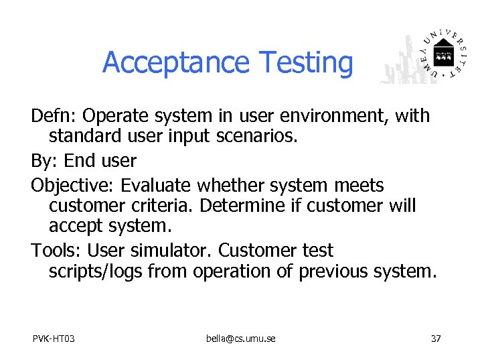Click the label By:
click(44, 161)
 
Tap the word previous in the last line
click(336, 271)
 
